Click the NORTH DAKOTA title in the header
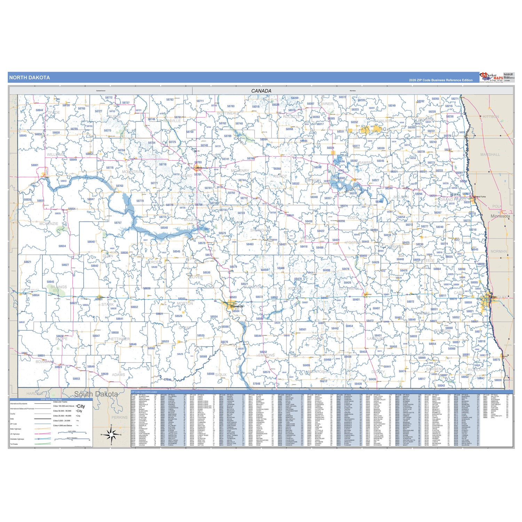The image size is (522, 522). point(30,78)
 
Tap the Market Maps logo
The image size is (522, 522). point(491,77)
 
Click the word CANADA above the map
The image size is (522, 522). point(261,91)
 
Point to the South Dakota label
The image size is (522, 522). point(96,394)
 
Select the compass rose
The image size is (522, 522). point(111,434)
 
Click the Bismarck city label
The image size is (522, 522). point(237,306)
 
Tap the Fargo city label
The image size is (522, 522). point(493,297)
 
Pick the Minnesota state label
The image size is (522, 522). point(500,216)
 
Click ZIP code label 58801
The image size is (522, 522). point(34,165)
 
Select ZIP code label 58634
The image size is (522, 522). point(62,246)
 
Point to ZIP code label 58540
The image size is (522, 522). point(164,228)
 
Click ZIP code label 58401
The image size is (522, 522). point(356,299)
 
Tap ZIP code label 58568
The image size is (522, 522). point(211,374)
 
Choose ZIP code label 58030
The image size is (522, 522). point(498,380)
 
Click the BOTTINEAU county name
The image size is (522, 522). point(228,113)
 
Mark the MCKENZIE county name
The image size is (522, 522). point(49,224)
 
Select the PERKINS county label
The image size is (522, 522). point(119,417)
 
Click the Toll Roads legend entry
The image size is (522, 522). point(14,444)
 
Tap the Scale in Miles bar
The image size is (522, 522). point(72,433)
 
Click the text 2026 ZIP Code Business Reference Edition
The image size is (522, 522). point(441,80)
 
